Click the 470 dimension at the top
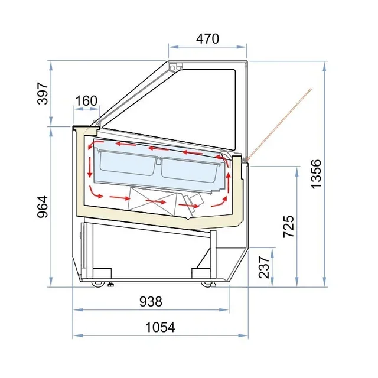click(207, 39)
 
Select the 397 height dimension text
click(43, 93)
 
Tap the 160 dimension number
click(86, 100)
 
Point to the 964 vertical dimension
click(43, 206)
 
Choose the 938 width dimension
click(151, 301)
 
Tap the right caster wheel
click(207, 284)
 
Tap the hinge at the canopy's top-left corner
click(174, 67)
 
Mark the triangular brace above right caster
click(207, 260)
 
